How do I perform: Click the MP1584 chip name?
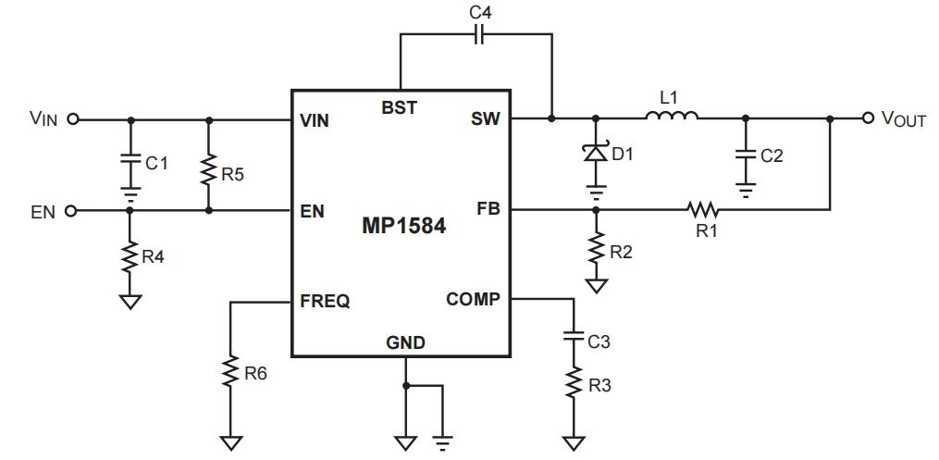point(403,226)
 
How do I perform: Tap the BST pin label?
point(399,108)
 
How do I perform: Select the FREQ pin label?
point(325,301)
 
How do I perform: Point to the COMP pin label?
point(473,299)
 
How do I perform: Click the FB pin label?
point(488,209)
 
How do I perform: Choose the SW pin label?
point(486,119)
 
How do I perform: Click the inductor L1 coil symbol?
point(672,115)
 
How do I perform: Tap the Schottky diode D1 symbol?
point(595,153)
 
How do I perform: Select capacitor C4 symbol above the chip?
point(480,35)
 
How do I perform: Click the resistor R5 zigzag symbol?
point(208,170)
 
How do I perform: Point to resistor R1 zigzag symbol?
point(703,209)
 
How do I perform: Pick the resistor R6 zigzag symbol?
point(230,372)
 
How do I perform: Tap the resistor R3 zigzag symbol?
point(573,382)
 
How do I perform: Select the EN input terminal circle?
point(72,210)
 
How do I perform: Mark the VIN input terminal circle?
point(72,119)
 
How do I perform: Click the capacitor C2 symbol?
point(746,154)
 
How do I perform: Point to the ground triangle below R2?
point(595,285)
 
